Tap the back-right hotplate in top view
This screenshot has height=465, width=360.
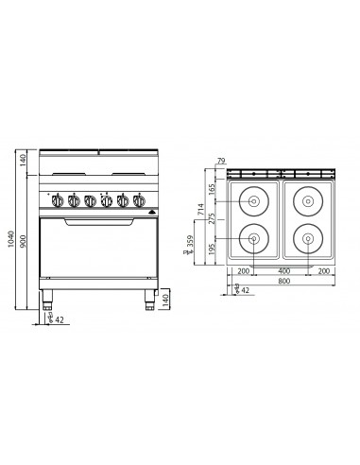tap(310, 199)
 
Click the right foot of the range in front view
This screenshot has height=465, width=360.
tap(148, 301)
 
